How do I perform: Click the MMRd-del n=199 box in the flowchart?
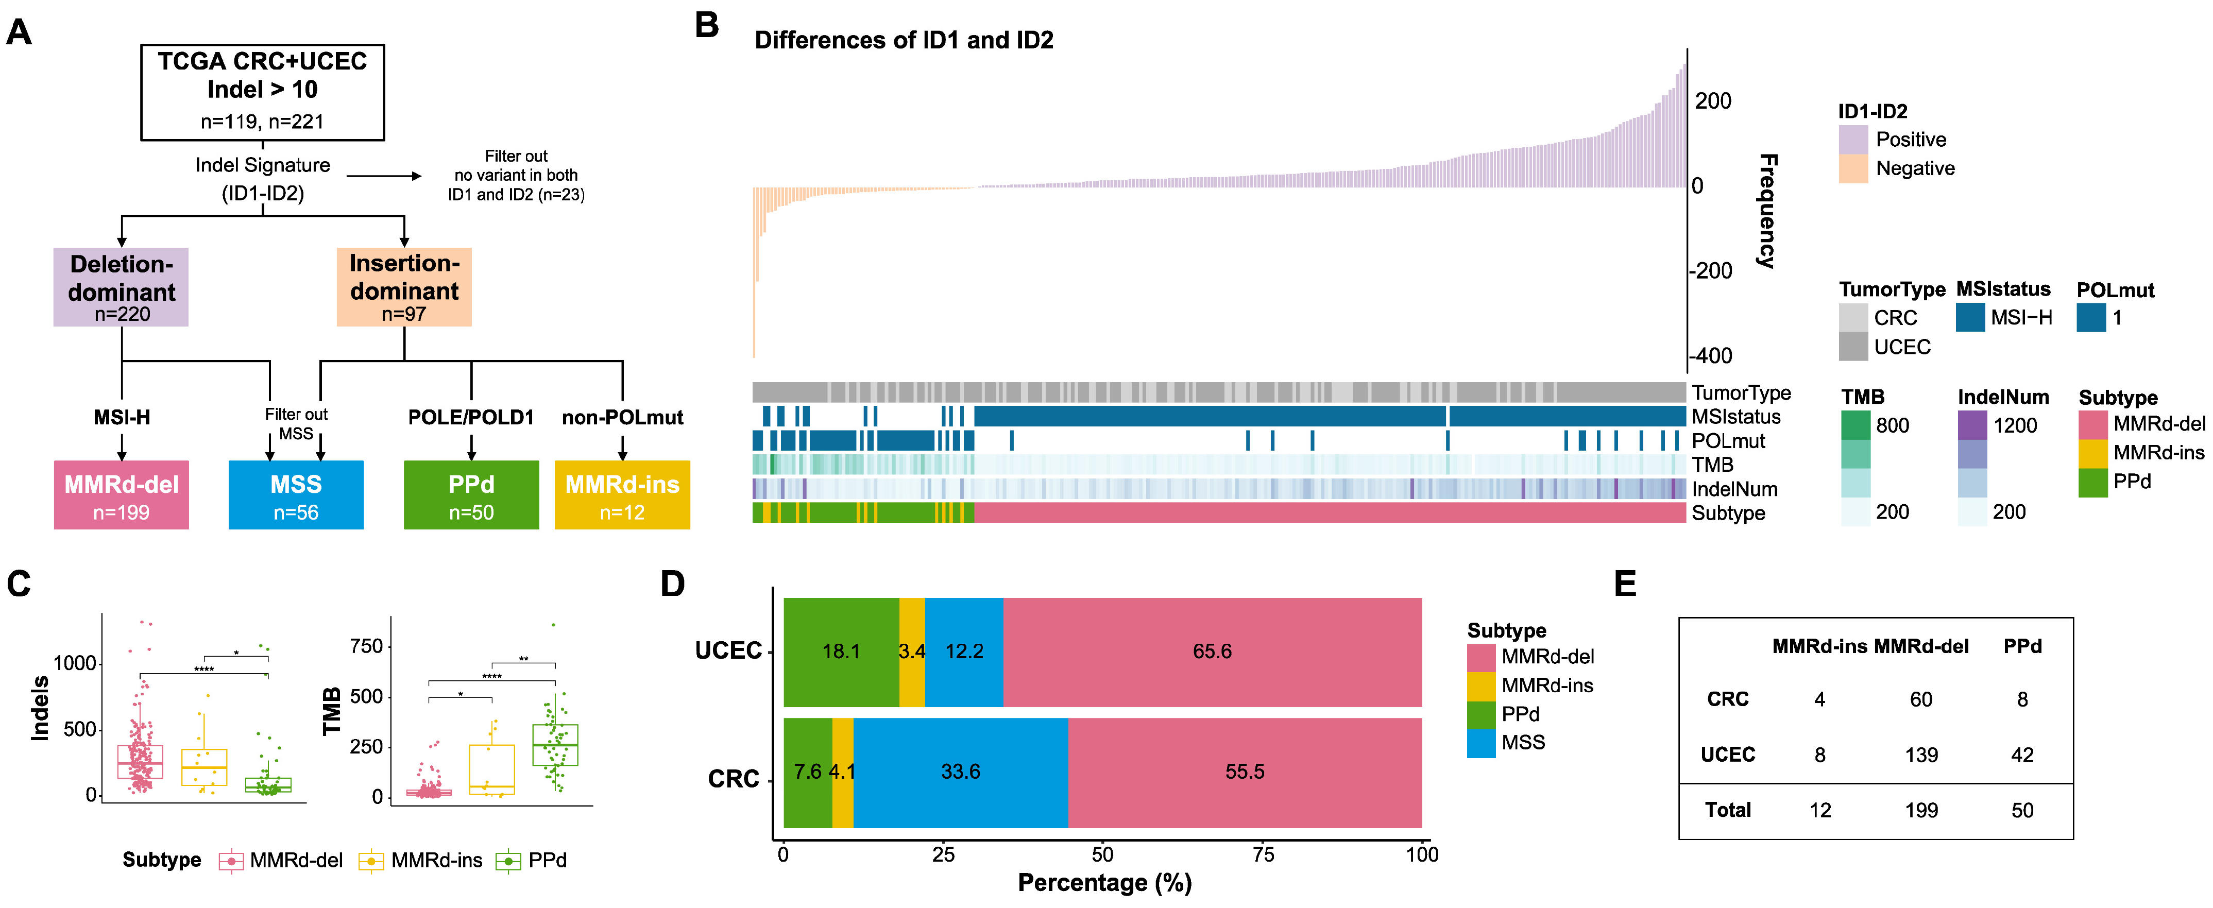(x=121, y=495)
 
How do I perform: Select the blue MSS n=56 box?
(x=296, y=495)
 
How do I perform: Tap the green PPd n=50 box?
(x=471, y=495)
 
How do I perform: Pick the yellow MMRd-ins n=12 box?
(x=622, y=495)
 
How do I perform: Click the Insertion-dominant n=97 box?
(x=404, y=287)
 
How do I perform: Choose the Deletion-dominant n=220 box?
(x=121, y=287)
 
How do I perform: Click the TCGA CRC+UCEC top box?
(x=262, y=92)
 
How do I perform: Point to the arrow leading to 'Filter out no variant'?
(x=384, y=176)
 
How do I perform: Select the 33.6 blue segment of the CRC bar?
(x=960, y=772)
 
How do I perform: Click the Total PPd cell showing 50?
(x=2022, y=810)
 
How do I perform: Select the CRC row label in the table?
(x=1728, y=699)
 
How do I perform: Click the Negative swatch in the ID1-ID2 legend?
(x=1853, y=168)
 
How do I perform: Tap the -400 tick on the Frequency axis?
(x=1710, y=356)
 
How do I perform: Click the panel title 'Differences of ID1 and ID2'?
(x=904, y=40)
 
